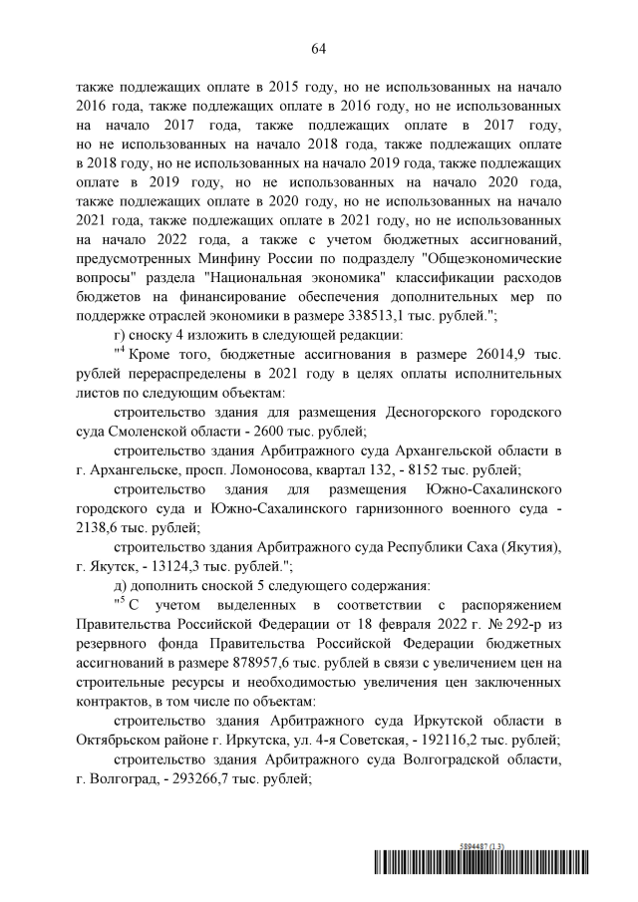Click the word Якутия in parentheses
click(x=527, y=547)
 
